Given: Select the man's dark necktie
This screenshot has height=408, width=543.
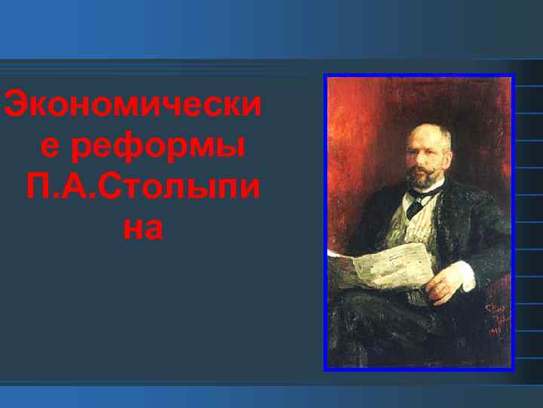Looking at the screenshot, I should coord(415,206).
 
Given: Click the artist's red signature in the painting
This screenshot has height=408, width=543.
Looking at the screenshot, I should coord(493,317).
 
